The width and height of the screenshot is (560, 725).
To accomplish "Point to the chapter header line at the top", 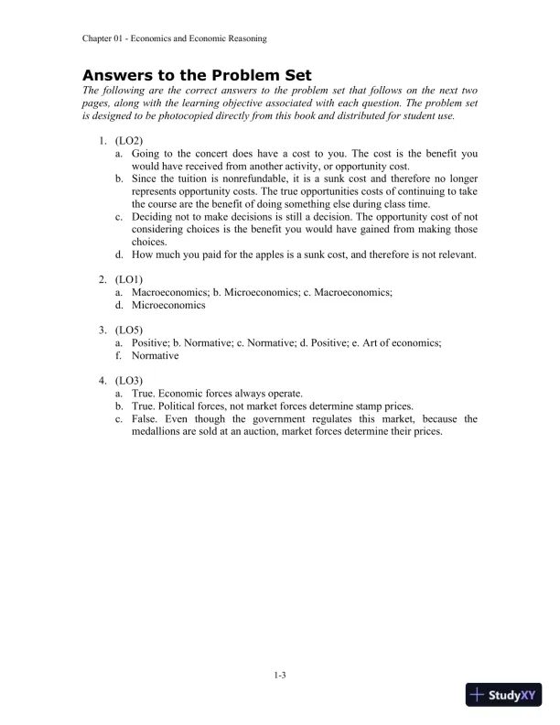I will click(x=174, y=38).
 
